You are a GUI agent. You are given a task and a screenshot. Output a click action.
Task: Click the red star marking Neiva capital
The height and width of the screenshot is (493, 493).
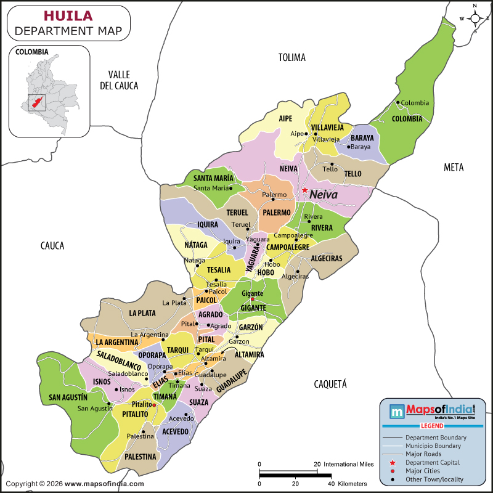pyautogui.click(x=304, y=190)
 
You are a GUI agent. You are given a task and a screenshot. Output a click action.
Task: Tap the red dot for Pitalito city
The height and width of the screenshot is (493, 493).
pyautogui.click(x=154, y=405)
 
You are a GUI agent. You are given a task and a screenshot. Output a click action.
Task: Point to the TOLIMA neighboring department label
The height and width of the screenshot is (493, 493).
pyautogui.click(x=291, y=57)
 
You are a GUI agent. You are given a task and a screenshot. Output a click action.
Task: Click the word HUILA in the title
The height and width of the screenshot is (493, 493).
pyautogui.click(x=68, y=15)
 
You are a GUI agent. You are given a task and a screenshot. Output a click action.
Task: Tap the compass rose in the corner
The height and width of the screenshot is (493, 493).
pyautogui.click(x=476, y=18)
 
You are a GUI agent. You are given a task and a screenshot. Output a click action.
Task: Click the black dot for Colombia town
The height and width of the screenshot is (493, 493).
pyautogui.click(x=398, y=102)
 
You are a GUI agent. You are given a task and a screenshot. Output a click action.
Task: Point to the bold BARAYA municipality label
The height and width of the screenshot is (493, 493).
pyautogui.click(x=362, y=137)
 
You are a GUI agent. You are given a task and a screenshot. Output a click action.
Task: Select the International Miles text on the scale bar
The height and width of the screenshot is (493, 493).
pyautogui.click(x=348, y=464)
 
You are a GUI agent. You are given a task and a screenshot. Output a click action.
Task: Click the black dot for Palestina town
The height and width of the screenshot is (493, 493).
pyautogui.click(x=144, y=431)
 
